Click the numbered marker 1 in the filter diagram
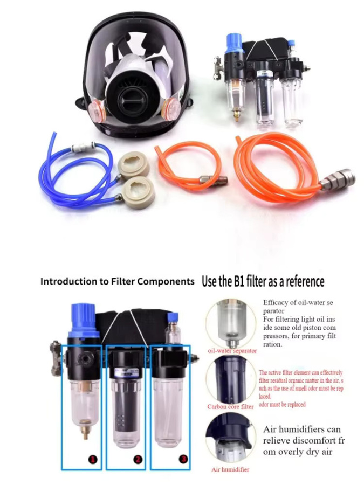[x=93, y=459]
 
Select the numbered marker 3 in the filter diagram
[x=183, y=459]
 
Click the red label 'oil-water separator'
[x=232, y=351]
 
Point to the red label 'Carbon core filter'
[x=231, y=406]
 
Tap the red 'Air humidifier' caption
[x=230, y=469]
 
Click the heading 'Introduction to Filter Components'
[x=118, y=281]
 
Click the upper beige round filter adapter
[x=134, y=164]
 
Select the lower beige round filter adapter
[x=138, y=193]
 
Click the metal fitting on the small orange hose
[x=214, y=179]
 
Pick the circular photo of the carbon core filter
[x=231, y=379]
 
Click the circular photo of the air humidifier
[x=231, y=440]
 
